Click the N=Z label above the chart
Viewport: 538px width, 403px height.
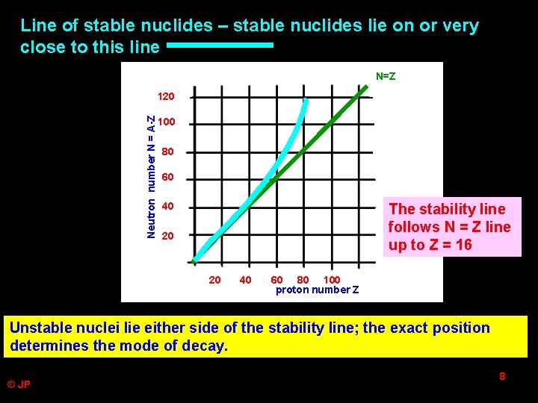pyautogui.click(x=386, y=76)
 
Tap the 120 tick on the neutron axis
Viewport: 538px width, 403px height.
pyautogui.click(x=166, y=96)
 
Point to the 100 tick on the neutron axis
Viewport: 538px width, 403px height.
pyautogui.click(x=167, y=122)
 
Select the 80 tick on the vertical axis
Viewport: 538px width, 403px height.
pyautogui.click(x=167, y=151)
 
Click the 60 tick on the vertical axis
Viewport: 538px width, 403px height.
pyautogui.click(x=167, y=178)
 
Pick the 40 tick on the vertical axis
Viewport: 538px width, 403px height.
pyautogui.click(x=167, y=206)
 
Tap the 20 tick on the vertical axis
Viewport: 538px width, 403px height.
pyautogui.click(x=167, y=235)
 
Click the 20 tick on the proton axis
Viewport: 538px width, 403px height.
pyautogui.click(x=214, y=280)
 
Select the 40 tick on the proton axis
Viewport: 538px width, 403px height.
pyautogui.click(x=244, y=280)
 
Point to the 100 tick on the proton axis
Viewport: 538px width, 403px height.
pyautogui.click(x=331, y=280)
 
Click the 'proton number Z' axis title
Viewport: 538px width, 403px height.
pyautogui.click(x=317, y=290)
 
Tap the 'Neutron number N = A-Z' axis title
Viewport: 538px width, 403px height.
pyautogui.click(x=151, y=177)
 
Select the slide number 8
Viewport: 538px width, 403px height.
pyautogui.click(x=502, y=377)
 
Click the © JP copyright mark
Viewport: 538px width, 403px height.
pyautogui.click(x=19, y=384)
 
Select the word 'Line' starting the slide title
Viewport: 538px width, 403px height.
pyautogui.click(x=38, y=25)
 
